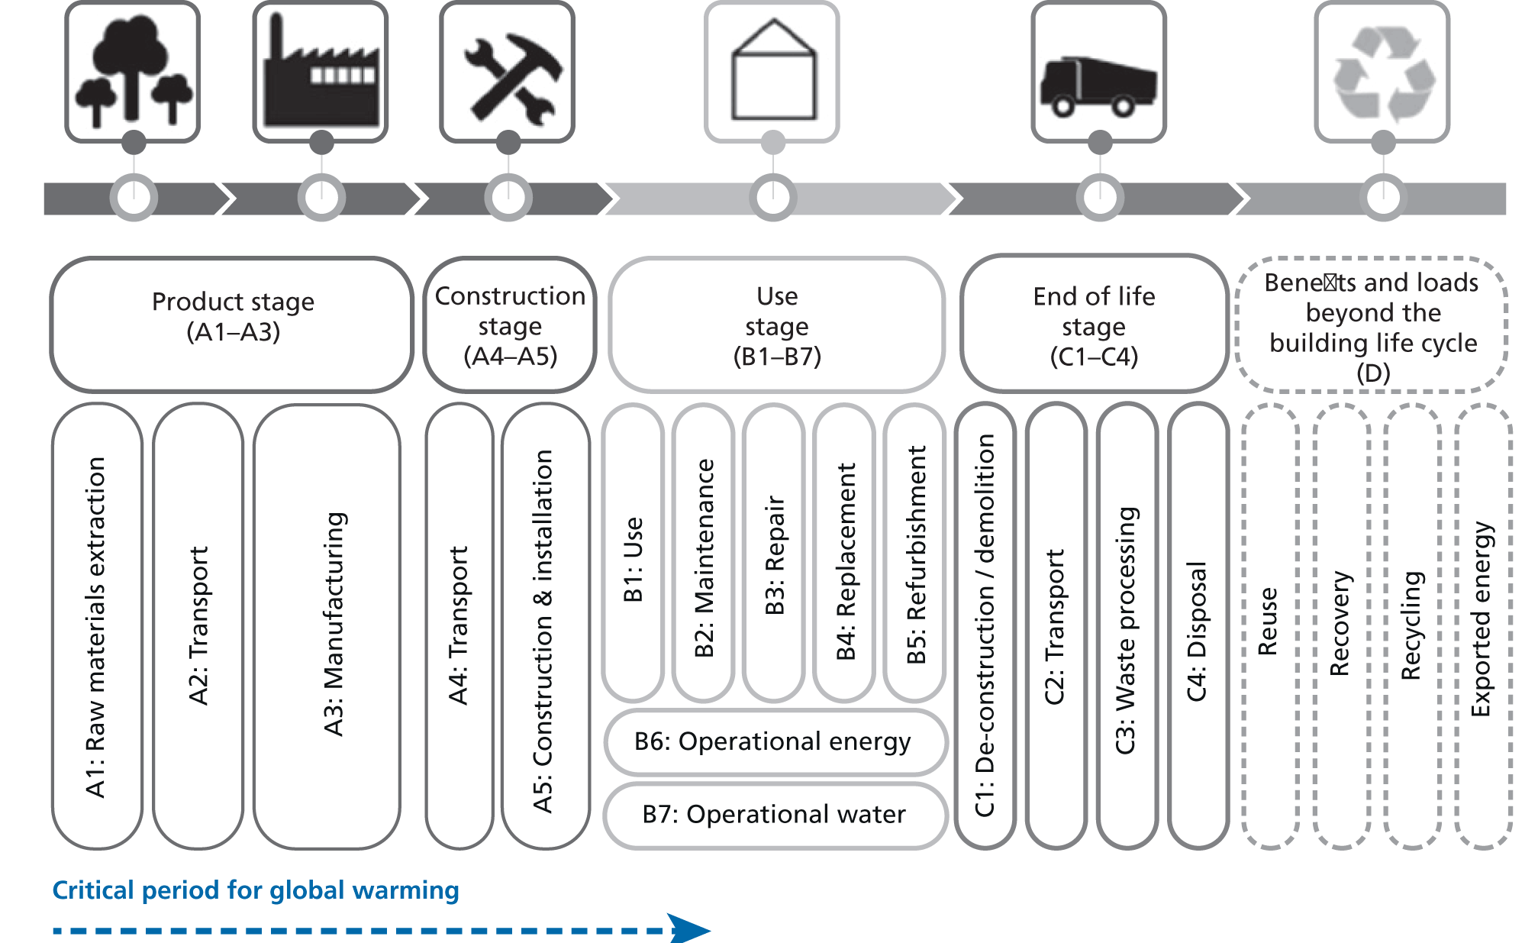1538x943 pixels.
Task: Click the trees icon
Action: point(133,72)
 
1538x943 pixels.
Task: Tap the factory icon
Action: point(321,72)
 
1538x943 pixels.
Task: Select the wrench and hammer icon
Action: point(508,72)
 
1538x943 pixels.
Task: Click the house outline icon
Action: point(772,72)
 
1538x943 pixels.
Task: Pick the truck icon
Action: point(1098,72)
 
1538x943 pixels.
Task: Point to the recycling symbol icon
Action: point(1382,72)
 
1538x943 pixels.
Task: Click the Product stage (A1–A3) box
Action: point(232,325)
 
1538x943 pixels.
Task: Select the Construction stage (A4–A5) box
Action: point(510,325)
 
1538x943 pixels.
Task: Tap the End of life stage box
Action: point(1094,325)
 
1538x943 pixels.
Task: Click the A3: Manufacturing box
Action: point(327,626)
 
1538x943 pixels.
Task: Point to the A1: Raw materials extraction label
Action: point(96,626)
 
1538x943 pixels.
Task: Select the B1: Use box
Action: point(633,554)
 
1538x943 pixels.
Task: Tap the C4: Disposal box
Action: point(1198,626)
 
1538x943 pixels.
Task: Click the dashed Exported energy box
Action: point(1483,626)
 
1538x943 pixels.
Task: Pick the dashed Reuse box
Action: point(1270,626)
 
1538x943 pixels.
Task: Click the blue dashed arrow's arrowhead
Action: point(689,929)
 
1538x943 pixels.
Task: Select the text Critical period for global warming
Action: point(256,890)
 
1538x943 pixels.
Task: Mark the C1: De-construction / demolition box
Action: point(985,626)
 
